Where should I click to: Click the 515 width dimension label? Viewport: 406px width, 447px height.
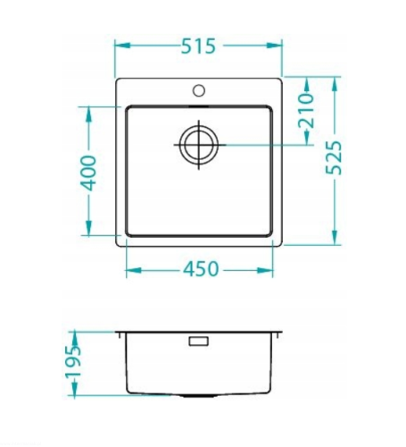198,46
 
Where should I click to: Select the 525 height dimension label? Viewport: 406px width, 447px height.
333,157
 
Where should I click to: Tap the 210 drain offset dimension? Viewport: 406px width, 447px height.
306,111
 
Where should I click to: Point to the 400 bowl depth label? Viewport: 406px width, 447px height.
88,173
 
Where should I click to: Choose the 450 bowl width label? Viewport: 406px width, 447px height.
201,269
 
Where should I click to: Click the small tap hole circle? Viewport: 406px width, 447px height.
199,90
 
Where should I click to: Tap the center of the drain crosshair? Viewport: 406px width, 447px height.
199,145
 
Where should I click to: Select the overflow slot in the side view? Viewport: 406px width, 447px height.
199,341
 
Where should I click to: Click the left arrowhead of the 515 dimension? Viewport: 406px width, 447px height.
122,46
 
